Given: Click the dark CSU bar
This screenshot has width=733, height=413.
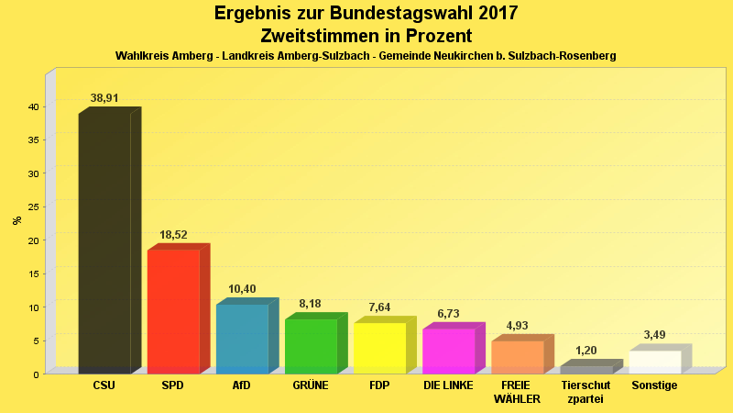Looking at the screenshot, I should [104, 243].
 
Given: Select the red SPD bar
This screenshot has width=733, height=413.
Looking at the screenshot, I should [173, 311].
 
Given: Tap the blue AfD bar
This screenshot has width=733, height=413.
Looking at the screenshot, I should [242, 339].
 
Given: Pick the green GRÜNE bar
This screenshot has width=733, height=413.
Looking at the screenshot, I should [311, 346].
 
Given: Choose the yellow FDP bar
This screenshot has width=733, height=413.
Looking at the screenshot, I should [379, 348].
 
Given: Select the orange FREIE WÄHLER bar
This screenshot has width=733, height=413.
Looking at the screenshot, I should [517, 357].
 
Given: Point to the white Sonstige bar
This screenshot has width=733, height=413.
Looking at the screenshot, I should [655, 362].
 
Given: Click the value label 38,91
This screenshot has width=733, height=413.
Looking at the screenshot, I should [104, 98].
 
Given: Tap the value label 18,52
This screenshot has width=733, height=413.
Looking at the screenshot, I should [173, 235].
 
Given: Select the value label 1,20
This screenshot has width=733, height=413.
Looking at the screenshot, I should [585, 351].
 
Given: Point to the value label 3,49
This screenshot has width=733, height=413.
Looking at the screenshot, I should [655, 335].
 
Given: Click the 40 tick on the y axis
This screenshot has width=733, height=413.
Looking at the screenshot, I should [33, 106].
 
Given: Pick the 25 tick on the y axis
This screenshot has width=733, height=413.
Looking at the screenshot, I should [33, 206].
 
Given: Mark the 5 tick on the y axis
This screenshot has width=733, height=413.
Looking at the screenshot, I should [36, 340].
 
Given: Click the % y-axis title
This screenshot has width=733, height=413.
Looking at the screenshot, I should [16, 220].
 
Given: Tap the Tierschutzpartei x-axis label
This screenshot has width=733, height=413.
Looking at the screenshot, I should [585, 392].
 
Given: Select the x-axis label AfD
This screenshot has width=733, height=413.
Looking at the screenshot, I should [242, 385].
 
